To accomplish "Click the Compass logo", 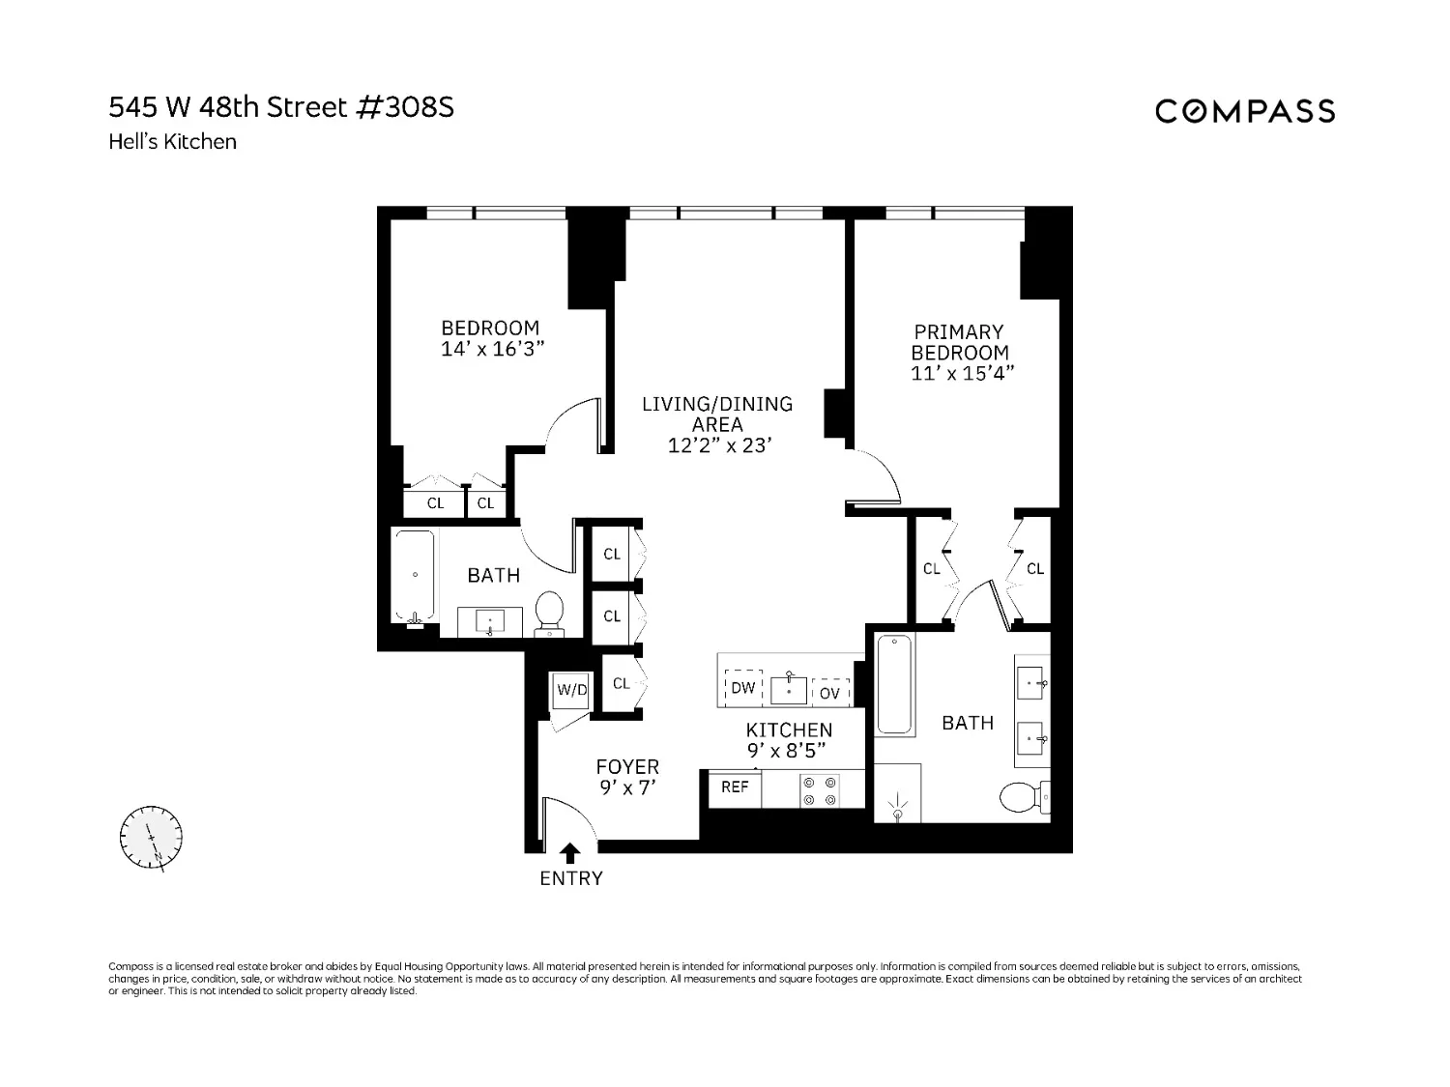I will coord(1245,111).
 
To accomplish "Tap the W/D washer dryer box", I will coord(571,690).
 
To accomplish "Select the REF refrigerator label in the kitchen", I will coord(735,787).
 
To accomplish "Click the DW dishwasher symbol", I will coord(742,688).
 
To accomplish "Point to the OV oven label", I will coord(829,693).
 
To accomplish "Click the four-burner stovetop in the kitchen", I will coord(820,791).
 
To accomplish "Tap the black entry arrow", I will coord(570,852).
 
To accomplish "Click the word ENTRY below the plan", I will coord(570,878).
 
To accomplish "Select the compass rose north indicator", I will coord(151,837).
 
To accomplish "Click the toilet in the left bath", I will coord(549,614).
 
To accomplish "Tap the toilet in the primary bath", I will coord(1021,798).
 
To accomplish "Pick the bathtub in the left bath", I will coord(415,577).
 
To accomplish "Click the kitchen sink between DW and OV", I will coord(789,689).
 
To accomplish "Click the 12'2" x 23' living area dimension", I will coord(717,445).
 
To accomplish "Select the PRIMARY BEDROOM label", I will coord(959,342).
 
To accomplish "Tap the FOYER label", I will coord(627,767).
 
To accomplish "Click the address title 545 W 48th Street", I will coord(280,107).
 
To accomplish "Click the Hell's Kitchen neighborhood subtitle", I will coord(172,142).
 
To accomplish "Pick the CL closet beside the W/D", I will coord(622,684).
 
